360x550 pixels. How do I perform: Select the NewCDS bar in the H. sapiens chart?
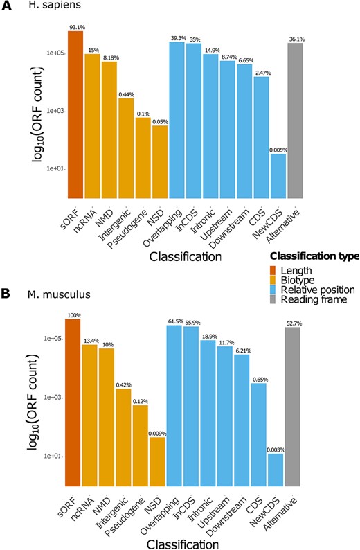tap(278, 175)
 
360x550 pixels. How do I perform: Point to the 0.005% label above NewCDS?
tap(278, 149)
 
